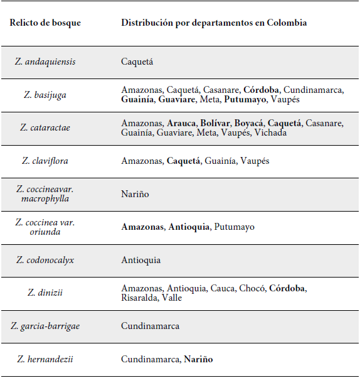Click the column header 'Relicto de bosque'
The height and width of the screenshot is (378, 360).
click(x=45, y=23)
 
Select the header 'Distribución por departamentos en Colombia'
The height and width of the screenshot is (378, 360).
click(x=214, y=23)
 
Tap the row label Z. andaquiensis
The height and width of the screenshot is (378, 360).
click(x=45, y=62)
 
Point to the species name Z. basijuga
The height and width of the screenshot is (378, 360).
click(x=45, y=95)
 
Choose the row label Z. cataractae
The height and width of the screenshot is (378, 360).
click(x=45, y=127)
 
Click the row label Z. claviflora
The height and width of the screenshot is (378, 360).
click(x=45, y=161)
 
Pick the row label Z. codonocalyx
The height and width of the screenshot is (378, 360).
click(x=45, y=259)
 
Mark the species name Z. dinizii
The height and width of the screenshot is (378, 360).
click(x=45, y=293)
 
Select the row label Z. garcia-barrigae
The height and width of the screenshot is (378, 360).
click(x=45, y=326)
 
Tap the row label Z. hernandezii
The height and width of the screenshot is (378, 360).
click(x=45, y=359)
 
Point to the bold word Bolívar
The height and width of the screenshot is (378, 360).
click(x=215, y=123)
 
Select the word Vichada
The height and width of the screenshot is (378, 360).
click(x=271, y=132)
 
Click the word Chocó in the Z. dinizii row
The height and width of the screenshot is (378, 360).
click(x=252, y=288)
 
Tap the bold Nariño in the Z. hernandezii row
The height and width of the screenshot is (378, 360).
click(x=198, y=359)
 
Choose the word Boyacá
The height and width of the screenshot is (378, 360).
click(x=249, y=123)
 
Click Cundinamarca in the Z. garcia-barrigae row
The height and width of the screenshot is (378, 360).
click(x=150, y=326)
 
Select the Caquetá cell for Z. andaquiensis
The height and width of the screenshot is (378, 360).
click(x=137, y=62)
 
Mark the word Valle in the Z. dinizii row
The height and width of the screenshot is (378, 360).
click(x=171, y=298)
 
